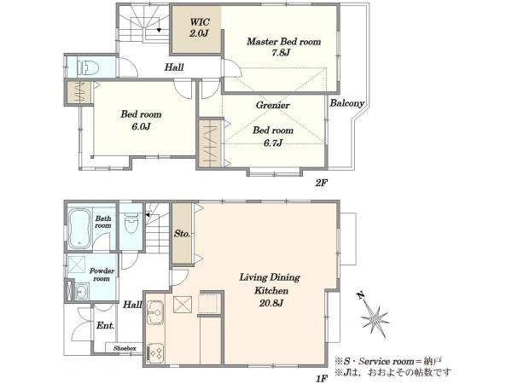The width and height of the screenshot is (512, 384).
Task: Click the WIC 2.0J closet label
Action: point(199,27)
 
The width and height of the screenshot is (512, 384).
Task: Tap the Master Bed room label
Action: point(283,42)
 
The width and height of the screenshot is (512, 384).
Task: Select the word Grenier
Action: point(273,105)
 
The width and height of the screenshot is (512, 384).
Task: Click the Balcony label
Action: point(346,103)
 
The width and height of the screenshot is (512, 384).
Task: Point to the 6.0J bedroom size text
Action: point(141,126)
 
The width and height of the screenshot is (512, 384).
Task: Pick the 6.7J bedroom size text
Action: point(273,143)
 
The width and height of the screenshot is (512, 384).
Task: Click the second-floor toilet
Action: point(88,68)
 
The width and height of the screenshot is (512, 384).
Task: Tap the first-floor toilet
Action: point(131,222)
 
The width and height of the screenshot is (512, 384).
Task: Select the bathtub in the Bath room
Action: point(79,228)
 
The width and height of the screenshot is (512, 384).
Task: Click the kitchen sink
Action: point(154,312)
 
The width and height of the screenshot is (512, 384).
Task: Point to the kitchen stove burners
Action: point(155,353)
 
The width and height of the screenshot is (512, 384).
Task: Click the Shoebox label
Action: point(125,348)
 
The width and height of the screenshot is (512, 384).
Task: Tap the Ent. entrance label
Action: point(105,326)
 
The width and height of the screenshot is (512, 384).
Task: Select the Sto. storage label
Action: point(182,234)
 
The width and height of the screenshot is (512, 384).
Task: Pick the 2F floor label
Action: point(321,183)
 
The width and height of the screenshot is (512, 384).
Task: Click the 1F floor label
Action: point(322,379)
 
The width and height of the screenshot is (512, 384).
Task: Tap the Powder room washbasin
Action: point(82,291)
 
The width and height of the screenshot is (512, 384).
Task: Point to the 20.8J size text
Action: point(271,303)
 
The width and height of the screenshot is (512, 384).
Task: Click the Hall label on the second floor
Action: point(174,67)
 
